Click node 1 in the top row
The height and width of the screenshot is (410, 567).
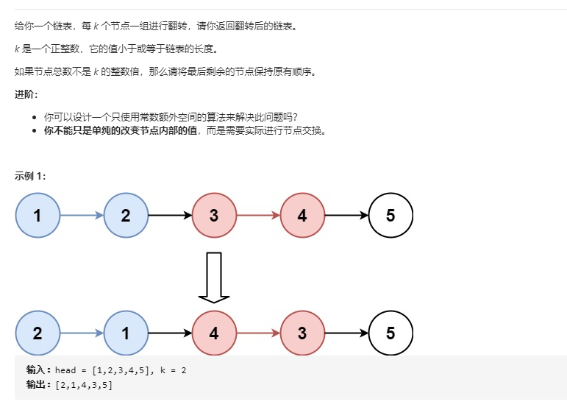(x=38, y=216)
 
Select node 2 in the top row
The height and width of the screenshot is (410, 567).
(x=126, y=216)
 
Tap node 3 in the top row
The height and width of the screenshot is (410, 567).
(x=214, y=216)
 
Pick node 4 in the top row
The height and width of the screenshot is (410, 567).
(x=302, y=216)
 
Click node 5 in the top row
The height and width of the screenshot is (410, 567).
(x=391, y=216)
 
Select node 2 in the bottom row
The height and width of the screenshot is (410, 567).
(x=38, y=333)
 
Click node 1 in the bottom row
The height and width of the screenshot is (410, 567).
(x=126, y=333)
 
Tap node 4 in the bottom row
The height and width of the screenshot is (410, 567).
(x=214, y=333)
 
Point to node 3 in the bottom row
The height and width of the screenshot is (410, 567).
(x=302, y=333)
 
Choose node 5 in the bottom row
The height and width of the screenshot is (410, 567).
(x=391, y=333)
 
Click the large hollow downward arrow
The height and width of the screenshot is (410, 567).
(x=214, y=278)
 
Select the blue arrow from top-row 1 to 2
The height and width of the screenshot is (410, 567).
(x=82, y=216)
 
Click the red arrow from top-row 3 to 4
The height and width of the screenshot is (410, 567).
(x=258, y=216)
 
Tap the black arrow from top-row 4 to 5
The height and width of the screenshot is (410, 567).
(x=346, y=216)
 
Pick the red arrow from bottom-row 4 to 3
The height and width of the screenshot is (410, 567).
(x=258, y=333)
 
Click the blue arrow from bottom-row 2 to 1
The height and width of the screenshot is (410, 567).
(x=82, y=333)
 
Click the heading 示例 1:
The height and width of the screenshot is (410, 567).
(x=29, y=175)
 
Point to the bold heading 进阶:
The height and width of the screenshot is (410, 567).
(x=26, y=94)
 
